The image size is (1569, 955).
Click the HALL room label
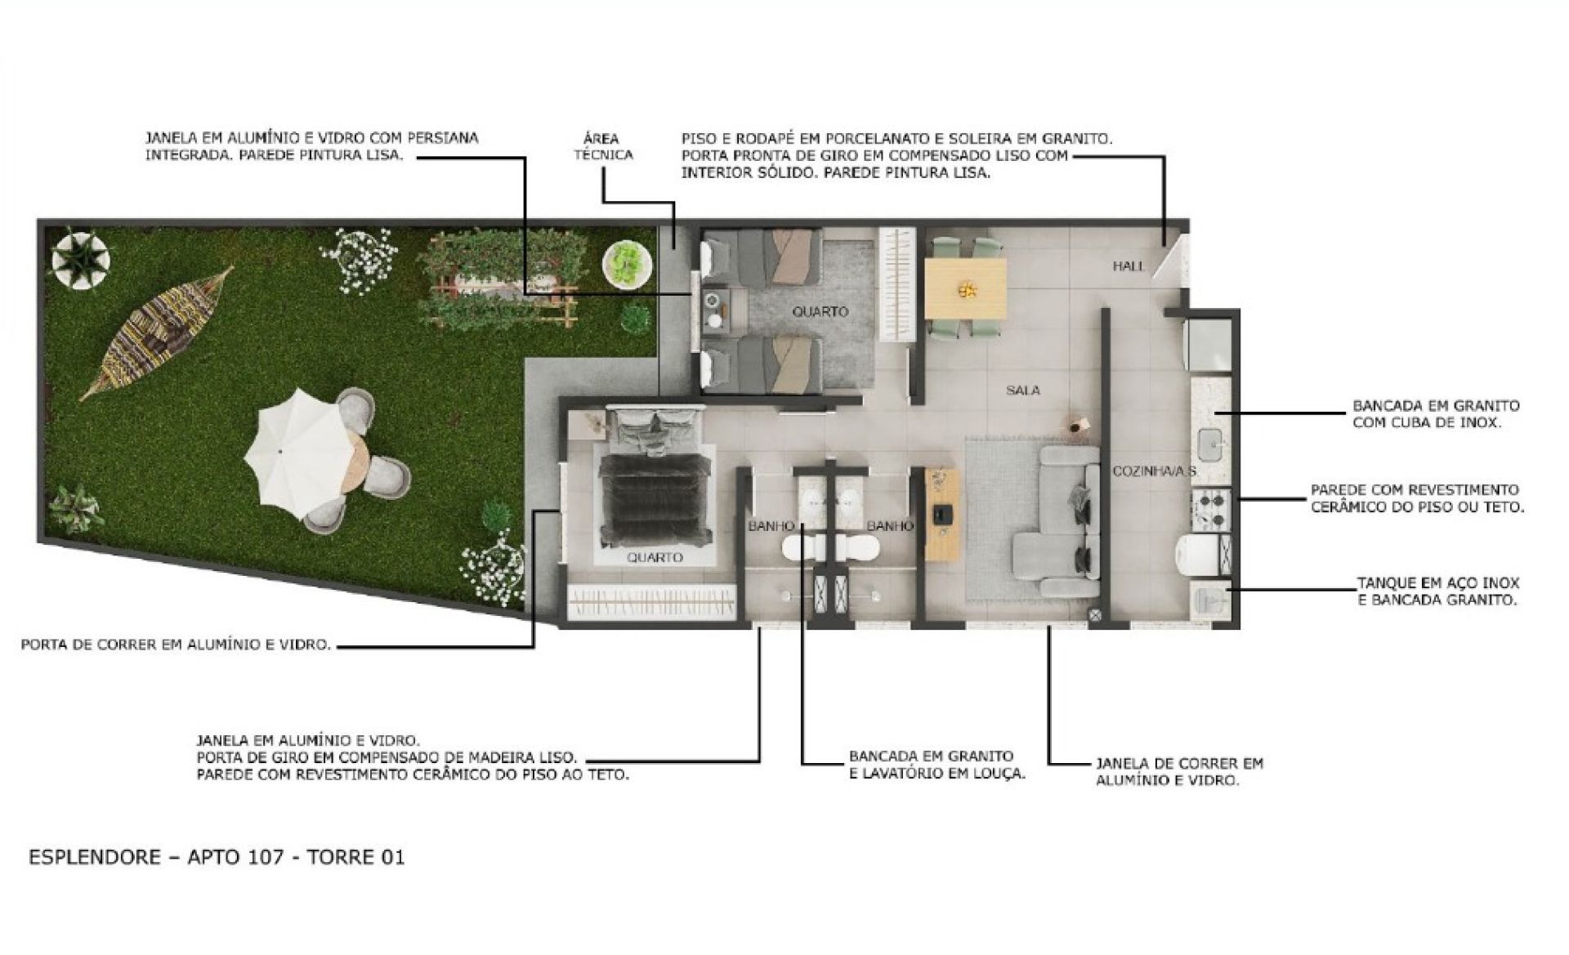1129,266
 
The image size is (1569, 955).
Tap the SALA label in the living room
1023,390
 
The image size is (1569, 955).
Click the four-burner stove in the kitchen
1208,507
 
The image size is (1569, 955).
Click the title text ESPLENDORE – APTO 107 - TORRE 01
217,857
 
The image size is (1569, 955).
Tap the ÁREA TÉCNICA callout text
603,146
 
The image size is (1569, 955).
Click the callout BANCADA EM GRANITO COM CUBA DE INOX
1436,414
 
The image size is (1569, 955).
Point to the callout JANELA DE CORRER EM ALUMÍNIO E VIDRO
1179,771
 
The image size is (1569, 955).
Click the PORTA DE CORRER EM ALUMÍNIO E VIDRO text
176,645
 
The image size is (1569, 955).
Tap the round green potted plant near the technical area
628,263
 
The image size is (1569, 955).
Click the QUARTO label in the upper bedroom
820,312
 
